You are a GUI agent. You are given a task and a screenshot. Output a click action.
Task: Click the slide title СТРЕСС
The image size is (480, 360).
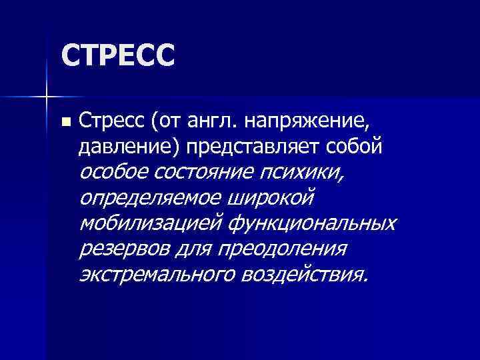tap(117, 55)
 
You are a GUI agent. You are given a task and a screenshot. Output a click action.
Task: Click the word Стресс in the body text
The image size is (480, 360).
tap(110, 122)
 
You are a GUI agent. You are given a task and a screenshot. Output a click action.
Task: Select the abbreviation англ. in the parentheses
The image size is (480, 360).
tap(214, 122)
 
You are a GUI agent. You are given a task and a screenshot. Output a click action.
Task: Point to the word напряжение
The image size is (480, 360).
tap(306, 123)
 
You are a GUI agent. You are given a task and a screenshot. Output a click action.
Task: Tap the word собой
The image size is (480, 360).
tap(358, 146)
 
